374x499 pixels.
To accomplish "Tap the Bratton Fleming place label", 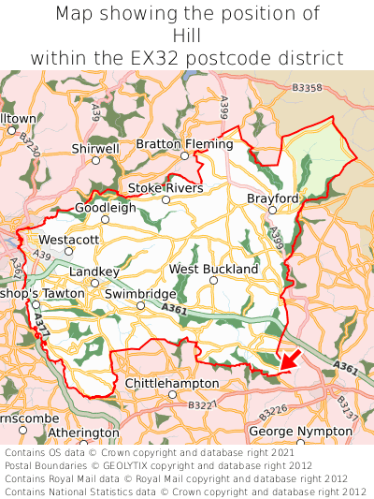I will (184, 144).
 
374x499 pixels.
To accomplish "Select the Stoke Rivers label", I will (165, 188).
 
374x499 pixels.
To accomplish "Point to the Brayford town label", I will (272, 198).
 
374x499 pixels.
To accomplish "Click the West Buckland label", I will (213, 269).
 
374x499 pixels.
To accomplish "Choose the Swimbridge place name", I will (139, 293).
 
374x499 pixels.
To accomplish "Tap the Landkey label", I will (94, 272).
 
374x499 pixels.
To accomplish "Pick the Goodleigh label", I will (105, 207).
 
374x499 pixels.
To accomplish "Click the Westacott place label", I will (69, 240).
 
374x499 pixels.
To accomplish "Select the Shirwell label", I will (95, 148).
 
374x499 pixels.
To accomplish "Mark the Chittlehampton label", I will (172, 383).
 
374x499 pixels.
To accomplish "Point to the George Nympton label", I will (300, 431).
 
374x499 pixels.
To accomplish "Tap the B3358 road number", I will (306, 87).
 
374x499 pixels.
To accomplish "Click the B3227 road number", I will (200, 405).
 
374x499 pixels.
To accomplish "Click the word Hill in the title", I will (187, 36).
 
